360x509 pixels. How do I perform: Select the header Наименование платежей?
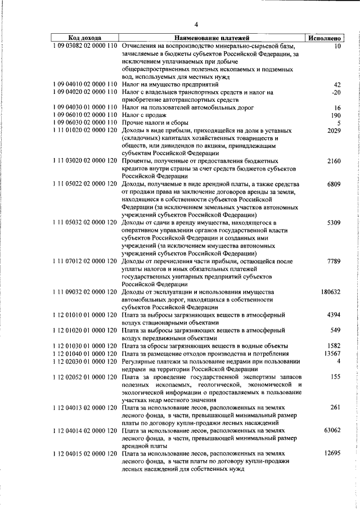coord(211,38)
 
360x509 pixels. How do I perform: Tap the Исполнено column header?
coord(323,38)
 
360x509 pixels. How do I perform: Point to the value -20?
coord(336,92)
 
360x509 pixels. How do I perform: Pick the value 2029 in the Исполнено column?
coord(334,130)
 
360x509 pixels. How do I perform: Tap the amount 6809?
coord(334,184)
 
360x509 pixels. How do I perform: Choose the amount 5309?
coord(334,223)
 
